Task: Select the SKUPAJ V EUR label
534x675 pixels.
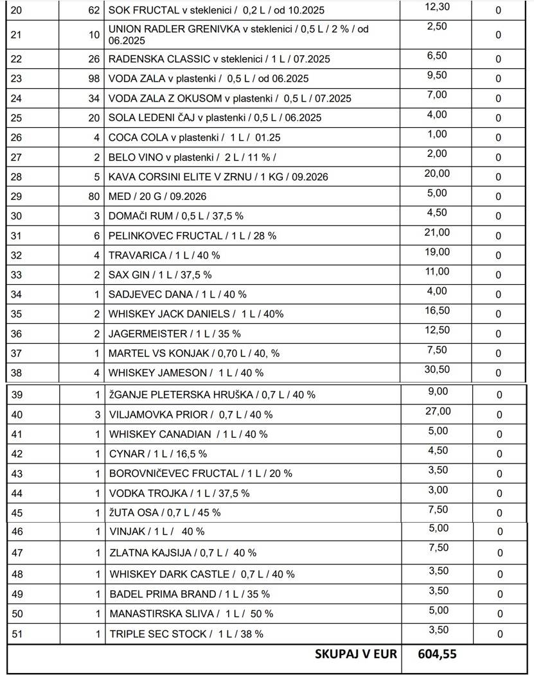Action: point(355,654)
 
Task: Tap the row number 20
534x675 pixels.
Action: point(17,10)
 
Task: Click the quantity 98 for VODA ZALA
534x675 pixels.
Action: point(94,78)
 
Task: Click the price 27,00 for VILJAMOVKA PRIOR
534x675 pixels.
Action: point(440,411)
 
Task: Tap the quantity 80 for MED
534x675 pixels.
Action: point(94,196)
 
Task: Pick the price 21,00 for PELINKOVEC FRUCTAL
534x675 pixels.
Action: point(437,232)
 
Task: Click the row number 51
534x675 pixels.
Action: point(17,634)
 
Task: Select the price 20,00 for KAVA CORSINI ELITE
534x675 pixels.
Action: point(437,173)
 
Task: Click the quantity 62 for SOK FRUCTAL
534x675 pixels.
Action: point(94,10)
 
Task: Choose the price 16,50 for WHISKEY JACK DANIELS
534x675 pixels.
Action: point(437,310)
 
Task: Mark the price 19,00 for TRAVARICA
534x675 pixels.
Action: point(437,251)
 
